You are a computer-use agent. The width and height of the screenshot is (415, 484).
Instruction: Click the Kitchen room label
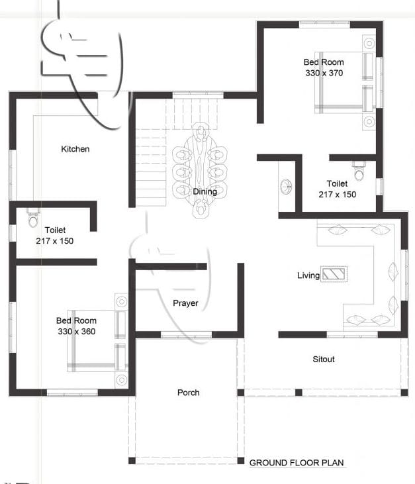click(75, 149)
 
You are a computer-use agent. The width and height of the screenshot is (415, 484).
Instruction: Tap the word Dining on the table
click(205, 192)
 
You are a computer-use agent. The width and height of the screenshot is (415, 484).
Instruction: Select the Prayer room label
click(185, 303)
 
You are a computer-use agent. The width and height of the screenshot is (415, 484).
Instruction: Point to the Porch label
click(188, 393)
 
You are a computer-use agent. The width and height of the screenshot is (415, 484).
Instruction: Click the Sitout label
click(324, 360)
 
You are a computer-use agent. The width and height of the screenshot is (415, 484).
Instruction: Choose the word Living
click(308, 275)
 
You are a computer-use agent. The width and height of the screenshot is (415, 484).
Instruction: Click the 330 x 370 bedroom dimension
click(324, 73)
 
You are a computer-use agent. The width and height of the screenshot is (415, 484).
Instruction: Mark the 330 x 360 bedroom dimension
click(77, 332)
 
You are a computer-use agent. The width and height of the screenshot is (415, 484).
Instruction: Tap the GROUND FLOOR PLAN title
click(297, 463)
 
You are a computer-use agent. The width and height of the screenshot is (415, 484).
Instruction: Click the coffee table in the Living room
click(334, 274)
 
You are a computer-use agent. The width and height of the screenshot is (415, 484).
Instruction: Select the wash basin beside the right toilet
click(286, 187)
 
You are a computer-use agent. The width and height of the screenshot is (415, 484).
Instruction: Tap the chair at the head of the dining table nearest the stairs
click(201, 132)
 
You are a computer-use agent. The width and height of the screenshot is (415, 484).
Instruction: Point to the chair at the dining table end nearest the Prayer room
click(201, 208)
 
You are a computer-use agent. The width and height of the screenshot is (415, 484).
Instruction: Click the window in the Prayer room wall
click(186, 334)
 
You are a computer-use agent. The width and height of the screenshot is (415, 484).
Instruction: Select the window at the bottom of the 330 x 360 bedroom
click(72, 393)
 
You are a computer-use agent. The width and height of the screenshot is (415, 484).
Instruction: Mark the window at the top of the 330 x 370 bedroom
click(324, 24)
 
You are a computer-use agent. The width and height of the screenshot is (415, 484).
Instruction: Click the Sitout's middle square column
click(299, 393)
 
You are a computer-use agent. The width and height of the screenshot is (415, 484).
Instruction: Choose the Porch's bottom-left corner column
click(132, 461)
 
